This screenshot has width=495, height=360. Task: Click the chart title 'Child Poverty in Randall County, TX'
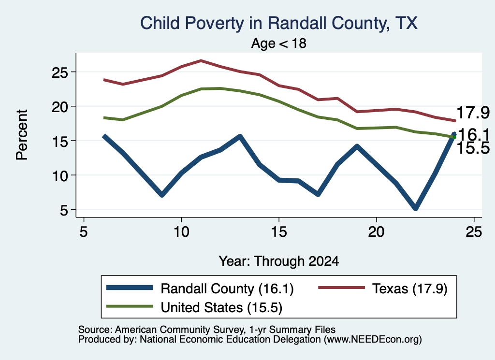pyautogui.click(x=279, y=23)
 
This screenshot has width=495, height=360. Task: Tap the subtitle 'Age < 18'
pyautogui.click(x=279, y=43)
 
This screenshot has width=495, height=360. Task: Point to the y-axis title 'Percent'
pyautogui.click(x=22, y=135)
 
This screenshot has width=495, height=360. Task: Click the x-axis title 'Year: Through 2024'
pyautogui.click(x=279, y=261)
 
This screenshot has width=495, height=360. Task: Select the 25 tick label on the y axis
pyautogui.click(x=60, y=73)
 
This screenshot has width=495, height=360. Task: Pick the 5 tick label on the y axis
pyautogui.click(x=64, y=211)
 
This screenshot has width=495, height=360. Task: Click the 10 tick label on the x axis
pyautogui.click(x=181, y=232)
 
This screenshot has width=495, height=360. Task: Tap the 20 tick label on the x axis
pyautogui.click(x=376, y=232)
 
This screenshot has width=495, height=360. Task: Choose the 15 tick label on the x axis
pyautogui.click(x=279, y=232)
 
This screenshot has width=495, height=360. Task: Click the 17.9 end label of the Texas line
pyautogui.click(x=473, y=113)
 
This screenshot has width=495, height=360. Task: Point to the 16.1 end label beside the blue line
pyautogui.click(x=473, y=135)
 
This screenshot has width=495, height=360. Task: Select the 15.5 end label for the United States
pyautogui.click(x=473, y=148)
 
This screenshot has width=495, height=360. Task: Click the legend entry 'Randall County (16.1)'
pyautogui.click(x=227, y=288)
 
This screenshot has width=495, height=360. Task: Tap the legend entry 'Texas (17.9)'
pyautogui.click(x=409, y=288)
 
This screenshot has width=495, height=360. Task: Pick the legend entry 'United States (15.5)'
pyautogui.click(x=221, y=308)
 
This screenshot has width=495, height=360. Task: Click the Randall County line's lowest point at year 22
pyautogui.click(x=415, y=208)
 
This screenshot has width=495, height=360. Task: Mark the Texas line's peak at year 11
pyautogui.click(x=201, y=60)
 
